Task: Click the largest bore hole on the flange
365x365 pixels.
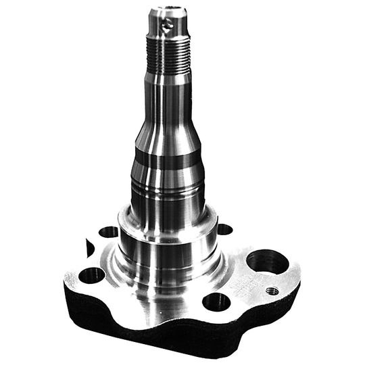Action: point(267,261)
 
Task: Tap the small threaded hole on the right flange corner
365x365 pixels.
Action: point(272,291)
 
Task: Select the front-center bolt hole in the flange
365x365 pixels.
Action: point(216,301)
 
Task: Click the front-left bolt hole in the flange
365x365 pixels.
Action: point(91,276)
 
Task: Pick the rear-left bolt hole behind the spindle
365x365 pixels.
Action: point(108,232)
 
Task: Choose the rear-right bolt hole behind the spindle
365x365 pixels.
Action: point(224,229)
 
